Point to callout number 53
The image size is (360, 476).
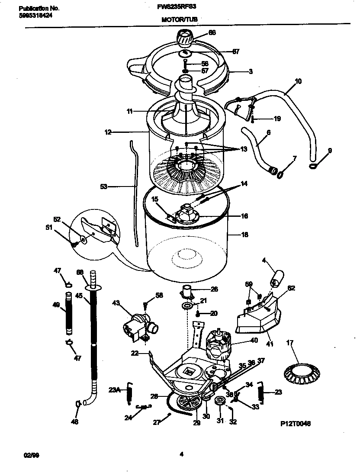pos(103,187)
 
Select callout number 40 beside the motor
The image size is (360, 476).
pos(254,341)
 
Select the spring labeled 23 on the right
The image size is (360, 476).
pos(261,392)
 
